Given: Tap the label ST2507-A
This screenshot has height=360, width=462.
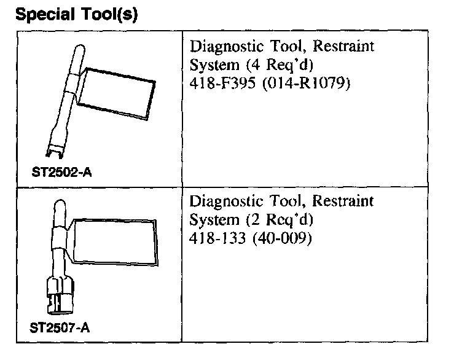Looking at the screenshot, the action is pos(60,327).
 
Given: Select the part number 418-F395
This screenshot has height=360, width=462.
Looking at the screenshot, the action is pos(218,82).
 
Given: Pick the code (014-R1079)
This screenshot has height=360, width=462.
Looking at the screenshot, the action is pos(303,82).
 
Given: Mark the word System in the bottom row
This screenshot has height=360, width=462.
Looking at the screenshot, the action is pos(208,219).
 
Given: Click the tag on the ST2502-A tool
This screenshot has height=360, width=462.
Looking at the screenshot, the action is pos(117,92).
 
